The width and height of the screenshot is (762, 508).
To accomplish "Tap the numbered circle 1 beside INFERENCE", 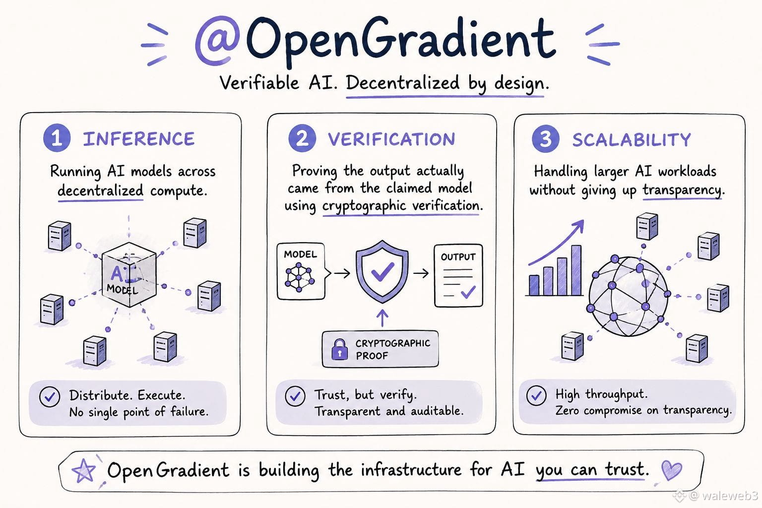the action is [x=57, y=138].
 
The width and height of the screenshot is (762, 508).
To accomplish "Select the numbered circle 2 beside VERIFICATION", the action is [x=302, y=138].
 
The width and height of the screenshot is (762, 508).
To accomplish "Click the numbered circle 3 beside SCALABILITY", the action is [x=546, y=139].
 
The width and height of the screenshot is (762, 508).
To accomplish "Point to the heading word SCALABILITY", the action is [x=632, y=139].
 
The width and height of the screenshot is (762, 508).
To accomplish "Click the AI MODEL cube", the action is [x=129, y=274].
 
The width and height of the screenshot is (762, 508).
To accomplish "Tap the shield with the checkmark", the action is [x=382, y=271].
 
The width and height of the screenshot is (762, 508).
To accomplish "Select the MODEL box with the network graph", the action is [x=301, y=271].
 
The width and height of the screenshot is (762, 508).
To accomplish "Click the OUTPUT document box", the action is [x=458, y=276].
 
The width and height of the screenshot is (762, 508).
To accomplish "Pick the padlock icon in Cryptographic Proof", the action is [x=339, y=349].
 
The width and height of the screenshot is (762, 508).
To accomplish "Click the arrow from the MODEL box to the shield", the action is [x=342, y=273].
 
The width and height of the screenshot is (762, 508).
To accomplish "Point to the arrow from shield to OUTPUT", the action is [x=421, y=273].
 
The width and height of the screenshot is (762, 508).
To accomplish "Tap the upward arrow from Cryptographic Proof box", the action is [x=382, y=318].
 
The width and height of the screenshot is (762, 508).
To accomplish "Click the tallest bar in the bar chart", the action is [x=576, y=270].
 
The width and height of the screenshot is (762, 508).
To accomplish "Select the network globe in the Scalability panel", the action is [x=629, y=296].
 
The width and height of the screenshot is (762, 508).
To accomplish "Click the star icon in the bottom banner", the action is [x=83, y=471].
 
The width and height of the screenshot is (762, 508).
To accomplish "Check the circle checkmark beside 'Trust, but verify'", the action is [x=295, y=396].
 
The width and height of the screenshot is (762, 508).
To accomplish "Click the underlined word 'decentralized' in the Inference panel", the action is [x=100, y=190].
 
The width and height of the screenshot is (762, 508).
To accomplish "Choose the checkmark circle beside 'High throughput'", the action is [x=536, y=395].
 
